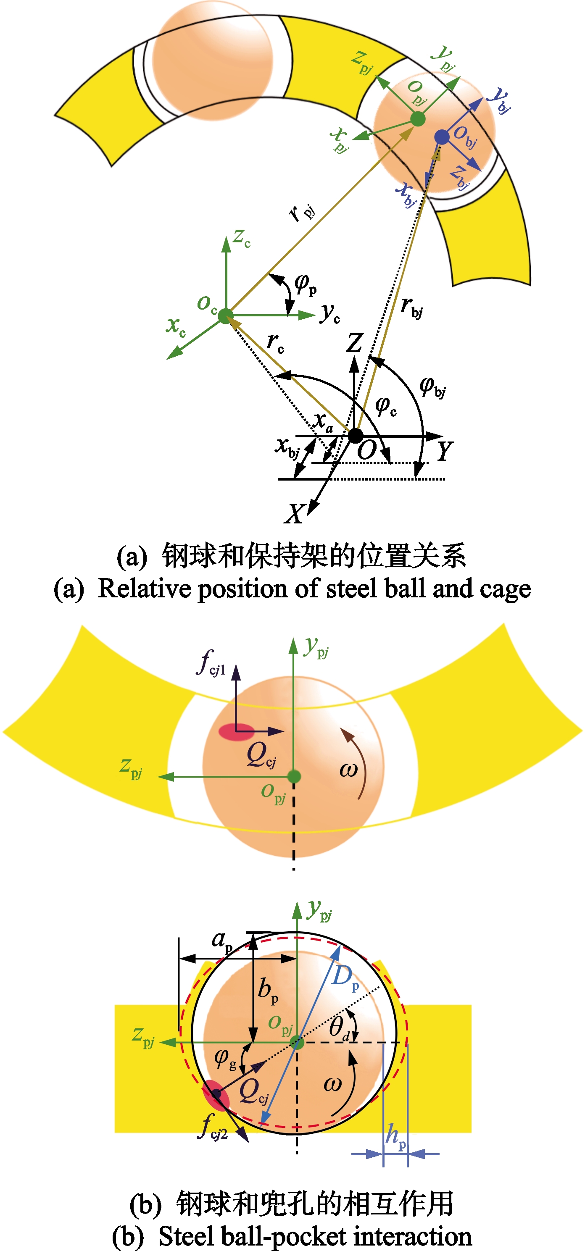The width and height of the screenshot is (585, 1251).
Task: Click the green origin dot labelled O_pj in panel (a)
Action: pos(417,119)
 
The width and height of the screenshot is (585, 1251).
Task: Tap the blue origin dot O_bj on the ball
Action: pos(442,137)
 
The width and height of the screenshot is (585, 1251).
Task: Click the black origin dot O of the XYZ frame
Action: pos(355,436)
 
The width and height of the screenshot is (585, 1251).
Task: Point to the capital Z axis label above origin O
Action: pos(355,342)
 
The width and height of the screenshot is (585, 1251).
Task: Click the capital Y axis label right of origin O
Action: pos(445,451)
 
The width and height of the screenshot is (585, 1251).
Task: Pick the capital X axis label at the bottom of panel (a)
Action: pos(295,513)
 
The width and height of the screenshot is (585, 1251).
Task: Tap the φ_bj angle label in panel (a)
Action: pos(432,387)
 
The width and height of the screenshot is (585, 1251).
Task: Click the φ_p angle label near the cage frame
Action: pos(306,284)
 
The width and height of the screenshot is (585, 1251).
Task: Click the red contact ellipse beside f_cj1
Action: pos(237,731)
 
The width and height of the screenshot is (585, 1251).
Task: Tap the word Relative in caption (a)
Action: pos(144,588)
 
